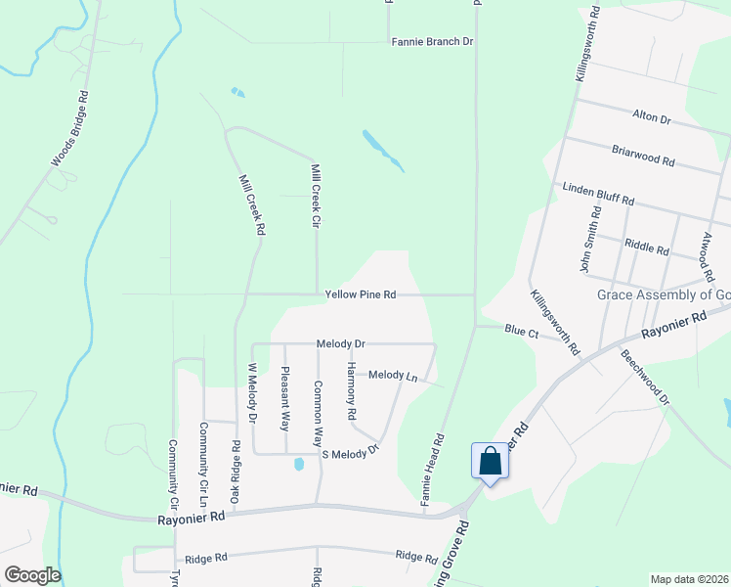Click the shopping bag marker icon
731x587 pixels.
tap(490, 461)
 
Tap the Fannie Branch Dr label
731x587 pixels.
tap(432, 42)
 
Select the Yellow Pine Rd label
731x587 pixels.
tap(361, 294)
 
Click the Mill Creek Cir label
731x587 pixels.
tap(316, 197)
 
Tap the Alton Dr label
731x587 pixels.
tap(652, 118)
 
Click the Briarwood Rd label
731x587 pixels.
tap(643, 154)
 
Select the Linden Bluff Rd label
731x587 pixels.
tap(598, 193)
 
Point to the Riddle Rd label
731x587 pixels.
tap(647, 248)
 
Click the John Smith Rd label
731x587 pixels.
tap(590, 239)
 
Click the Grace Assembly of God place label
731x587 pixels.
tap(664, 294)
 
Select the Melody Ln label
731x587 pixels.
tap(393, 375)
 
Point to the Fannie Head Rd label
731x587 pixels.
tap(433, 471)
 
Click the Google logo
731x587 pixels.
tap(32, 575)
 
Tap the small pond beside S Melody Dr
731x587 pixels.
tap(298, 465)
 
